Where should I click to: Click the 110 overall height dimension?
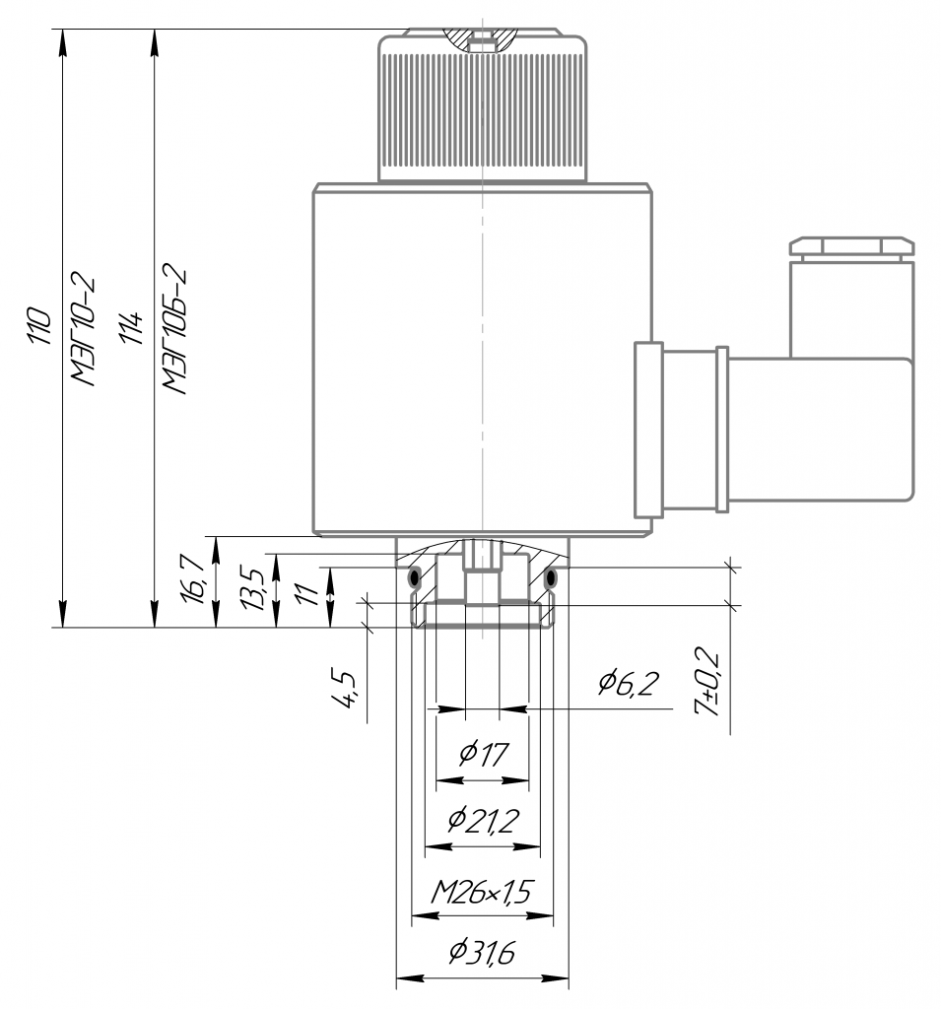coord(39,326)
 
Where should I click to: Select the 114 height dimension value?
coord(131,327)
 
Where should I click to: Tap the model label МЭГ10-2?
coord(84,331)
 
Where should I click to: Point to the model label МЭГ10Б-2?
coord(175,328)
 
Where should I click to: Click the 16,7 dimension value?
coord(193,578)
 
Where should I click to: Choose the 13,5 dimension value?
coord(251,587)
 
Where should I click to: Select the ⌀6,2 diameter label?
coord(629,682)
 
